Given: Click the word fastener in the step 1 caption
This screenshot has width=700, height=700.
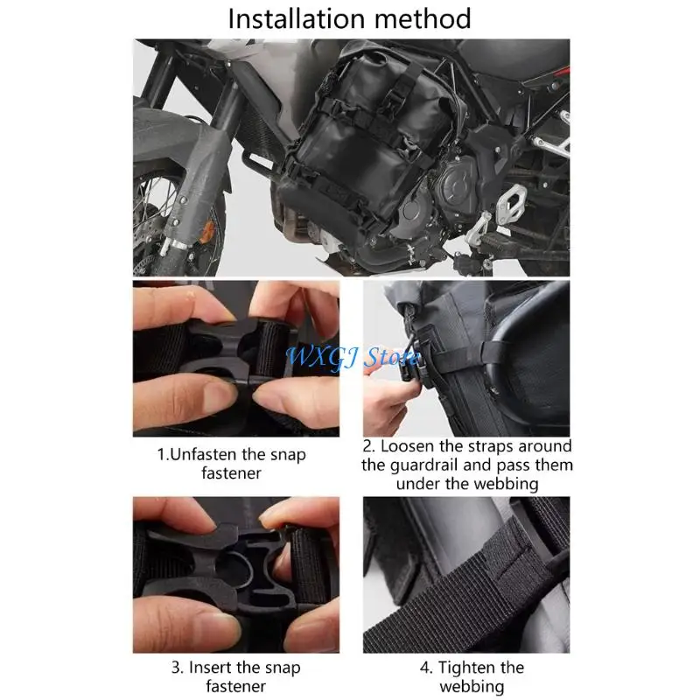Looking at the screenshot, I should [232, 473].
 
